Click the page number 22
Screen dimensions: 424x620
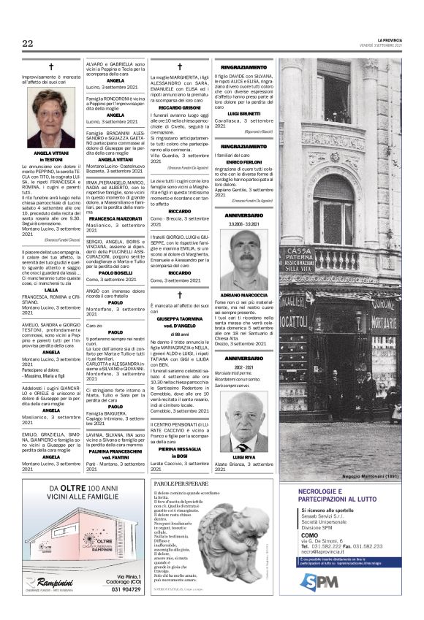[x=28, y=44]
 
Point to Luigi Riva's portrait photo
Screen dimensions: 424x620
[x=243, y=421]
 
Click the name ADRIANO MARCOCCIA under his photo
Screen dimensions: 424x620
[x=244, y=294]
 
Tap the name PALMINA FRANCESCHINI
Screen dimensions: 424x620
[x=115, y=451]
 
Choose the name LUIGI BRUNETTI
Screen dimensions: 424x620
[x=243, y=114]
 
